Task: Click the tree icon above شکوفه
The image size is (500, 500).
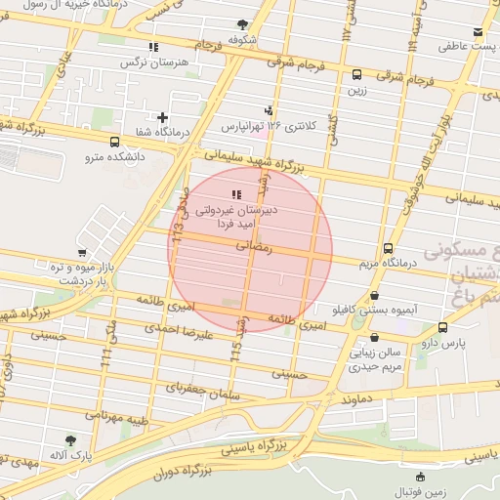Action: (242, 25)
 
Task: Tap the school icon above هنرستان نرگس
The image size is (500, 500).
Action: (152, 47)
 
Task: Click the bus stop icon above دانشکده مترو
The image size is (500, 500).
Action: (115, 141)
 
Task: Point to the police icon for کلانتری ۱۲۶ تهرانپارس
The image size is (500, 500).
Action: (269, 110)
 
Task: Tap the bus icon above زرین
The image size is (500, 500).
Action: (355, 74)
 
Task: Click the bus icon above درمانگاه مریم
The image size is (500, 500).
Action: (388, 248)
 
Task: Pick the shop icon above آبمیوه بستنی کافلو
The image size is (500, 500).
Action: (375, 295)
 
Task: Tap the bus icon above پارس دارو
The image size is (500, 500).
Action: (443, 327)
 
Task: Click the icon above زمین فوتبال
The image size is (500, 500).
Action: (421, 476)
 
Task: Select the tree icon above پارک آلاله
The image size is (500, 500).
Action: (68, 440)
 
